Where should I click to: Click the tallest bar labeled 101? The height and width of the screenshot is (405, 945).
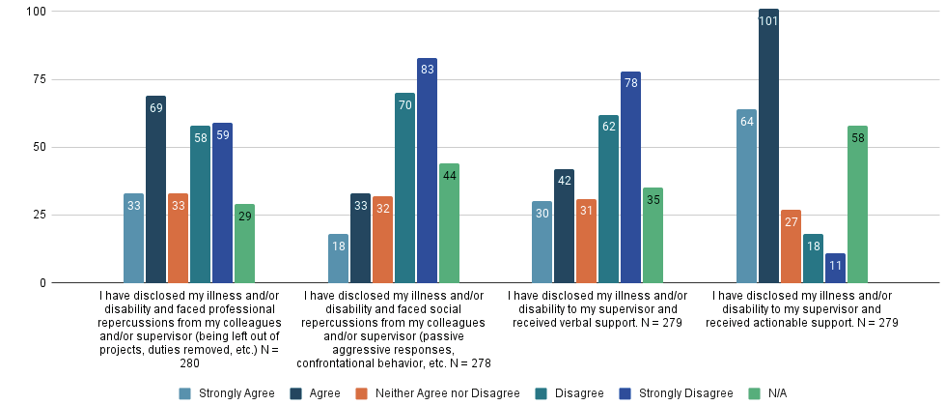(768, 146)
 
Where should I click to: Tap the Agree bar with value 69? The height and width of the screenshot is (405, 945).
(155, 189)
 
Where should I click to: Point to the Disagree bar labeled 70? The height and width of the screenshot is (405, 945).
(404, 188)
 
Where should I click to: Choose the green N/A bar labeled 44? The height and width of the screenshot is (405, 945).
(449, 223)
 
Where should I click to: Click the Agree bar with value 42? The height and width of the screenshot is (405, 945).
(564, 226)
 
